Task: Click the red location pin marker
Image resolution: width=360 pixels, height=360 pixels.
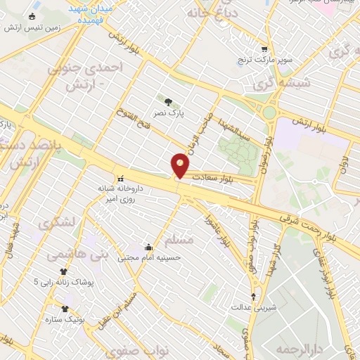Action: pyautogui.click(x=180, y=165)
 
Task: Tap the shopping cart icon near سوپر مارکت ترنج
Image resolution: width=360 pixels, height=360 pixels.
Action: pyautogui.click(x=264, y=49)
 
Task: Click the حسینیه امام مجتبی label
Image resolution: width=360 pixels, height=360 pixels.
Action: pyautogui.click(x=149, y=257)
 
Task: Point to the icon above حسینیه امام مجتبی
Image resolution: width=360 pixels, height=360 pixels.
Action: pyautogui.click(x=149, y=247)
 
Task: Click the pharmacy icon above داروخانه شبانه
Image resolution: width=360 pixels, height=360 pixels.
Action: pyautogui.click(x=120, y=177)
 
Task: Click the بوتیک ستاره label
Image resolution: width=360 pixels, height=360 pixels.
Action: pyautogui.click(x=89, y=319)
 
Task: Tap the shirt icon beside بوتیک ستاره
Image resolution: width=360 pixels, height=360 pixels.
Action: pyautogui.click(x=65, y=309)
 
